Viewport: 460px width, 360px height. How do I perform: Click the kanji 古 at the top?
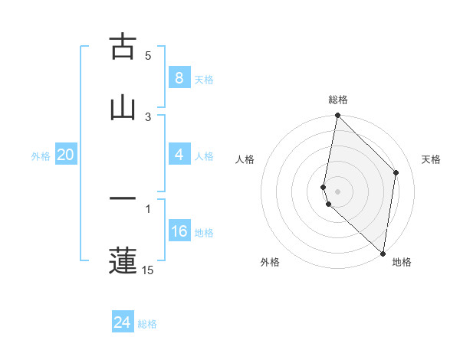click(123, 47)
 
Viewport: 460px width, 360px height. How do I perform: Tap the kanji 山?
click(123, 107)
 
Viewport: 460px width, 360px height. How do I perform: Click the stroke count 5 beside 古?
click(148, 56)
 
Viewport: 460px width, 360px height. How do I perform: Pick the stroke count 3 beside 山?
click(148, 116)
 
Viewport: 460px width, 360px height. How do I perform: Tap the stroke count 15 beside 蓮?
click(148, 270)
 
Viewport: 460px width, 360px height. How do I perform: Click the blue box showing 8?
click(179, 78)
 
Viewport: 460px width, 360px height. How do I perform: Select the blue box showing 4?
click(179, 155)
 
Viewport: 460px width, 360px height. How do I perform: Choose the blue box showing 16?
click(179, 231)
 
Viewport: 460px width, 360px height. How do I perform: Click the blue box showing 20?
click(65, 155)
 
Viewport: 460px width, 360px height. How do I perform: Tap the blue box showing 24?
click(122, 323)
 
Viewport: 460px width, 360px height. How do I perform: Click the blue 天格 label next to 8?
click(204, 79)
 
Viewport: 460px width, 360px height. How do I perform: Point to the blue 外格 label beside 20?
click(41, 155)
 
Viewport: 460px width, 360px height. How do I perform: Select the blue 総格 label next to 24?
click(147, 324)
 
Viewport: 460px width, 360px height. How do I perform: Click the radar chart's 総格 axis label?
click(338, 100)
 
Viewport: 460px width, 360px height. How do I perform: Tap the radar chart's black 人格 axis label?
click(245, 159)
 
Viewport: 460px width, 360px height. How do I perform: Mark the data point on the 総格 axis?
click(337, 116)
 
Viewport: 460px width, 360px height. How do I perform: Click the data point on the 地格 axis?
click(383, 254)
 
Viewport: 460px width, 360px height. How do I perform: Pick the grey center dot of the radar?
click(337, 191)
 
